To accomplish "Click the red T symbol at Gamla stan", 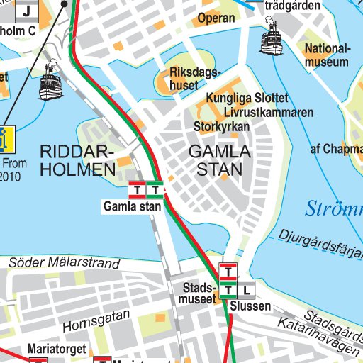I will pyautogui.click(x=136, y=190).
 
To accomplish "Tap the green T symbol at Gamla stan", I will pyautogui.click(x=155, y=190).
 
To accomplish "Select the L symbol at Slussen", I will pyautogui.click(x=246, y=289).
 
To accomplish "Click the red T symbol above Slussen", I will pyautogui.click(x=228, y=271).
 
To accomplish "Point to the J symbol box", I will pyautogui.click(x=27, y=11).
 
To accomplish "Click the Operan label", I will pyautogui.click(x=216, y=18).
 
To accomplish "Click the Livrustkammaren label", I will pyautogui.click(x=267, y=112).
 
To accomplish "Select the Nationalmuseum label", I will pyautogui.click(x=327, y=55).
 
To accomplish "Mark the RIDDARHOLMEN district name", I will pyautogui.click(x=77, y=160).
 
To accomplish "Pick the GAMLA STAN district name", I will pyautogui.click(x=219, y=160).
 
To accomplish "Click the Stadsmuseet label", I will pyautogui.click(x=199, y=294).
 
